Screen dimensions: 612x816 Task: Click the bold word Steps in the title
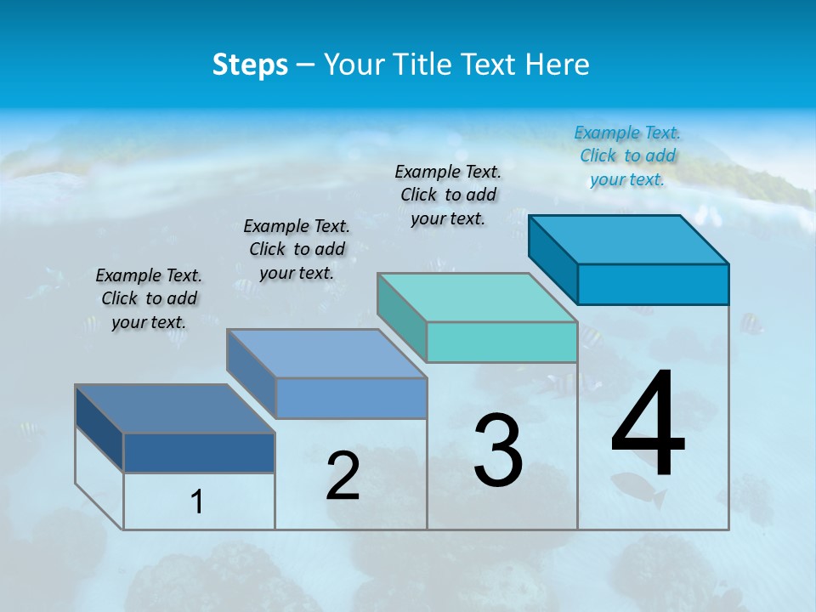click(250, 65)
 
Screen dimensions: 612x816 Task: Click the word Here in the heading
click(558, 65)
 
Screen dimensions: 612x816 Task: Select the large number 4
click(648, 425)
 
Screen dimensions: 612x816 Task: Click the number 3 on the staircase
click(498, 450)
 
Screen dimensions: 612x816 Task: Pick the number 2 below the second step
click(343, 476)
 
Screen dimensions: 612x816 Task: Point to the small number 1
click(197, 502)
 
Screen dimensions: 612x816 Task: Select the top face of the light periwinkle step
click(326, 354)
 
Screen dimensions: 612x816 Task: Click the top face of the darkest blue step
click(175, 409)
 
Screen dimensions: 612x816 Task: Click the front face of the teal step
click(501, 343)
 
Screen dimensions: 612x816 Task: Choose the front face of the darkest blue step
click(199, 452)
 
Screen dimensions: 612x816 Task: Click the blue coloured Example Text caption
click(627, 156)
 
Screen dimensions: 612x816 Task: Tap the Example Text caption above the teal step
click(448, 195)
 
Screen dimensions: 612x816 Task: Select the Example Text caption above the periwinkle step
click(297, 249)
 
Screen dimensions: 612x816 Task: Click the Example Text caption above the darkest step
click(149, 298)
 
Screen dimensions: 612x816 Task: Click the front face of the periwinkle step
click(350, 398)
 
